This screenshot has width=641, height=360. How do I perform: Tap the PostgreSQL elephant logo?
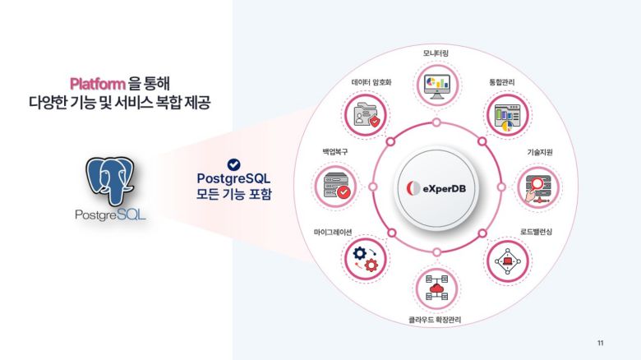coord(111,182)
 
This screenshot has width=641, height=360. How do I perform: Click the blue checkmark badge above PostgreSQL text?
coord(233,164)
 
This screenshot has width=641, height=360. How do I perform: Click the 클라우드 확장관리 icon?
coord(436,288)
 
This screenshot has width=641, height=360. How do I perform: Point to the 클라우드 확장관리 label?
coord(436,319)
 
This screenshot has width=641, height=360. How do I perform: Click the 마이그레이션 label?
coord(333,232)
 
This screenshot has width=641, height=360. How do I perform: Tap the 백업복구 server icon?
coord(333,187)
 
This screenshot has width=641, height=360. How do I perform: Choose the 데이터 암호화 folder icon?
coord(365,114)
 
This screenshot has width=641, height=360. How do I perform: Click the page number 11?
coord(600,342)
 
